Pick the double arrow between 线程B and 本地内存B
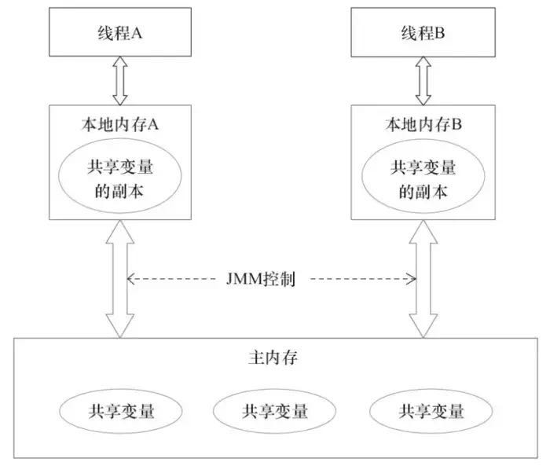(x=423, y=82)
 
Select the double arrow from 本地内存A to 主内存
(x=120, y=278)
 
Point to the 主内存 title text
(x=271, y=358)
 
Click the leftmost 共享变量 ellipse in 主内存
(x=119, y=410)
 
